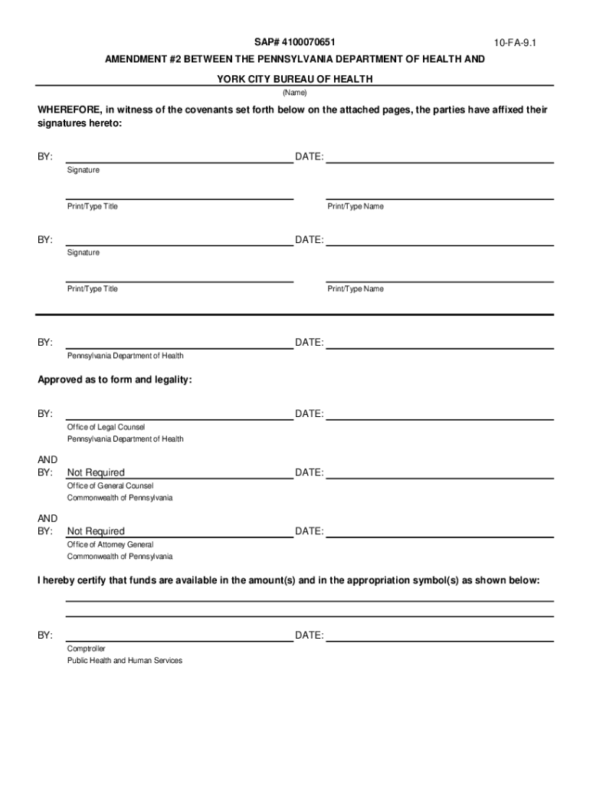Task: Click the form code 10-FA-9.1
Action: tap(516, 44)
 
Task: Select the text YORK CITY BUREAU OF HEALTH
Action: tap(295, 79)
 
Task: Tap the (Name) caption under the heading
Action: tap(295, 93)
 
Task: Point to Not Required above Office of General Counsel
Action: tap(96, 472)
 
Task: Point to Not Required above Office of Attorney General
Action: tap(96, 531)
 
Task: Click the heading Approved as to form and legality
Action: tap(115, 379)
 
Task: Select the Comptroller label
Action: tap(87, 649)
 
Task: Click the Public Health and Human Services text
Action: tap(125, 660)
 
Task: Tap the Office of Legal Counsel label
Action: tap(106, 427)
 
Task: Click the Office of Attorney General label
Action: tap(110, 544)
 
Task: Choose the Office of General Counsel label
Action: tap(110, 485)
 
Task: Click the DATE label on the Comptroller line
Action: tap(310, 636)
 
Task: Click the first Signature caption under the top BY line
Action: tap(83, 169)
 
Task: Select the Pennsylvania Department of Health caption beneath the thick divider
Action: tap(125, 356)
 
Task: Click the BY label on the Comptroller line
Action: tap(45, 636)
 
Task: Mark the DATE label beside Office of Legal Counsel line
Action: tap(310, 414)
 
